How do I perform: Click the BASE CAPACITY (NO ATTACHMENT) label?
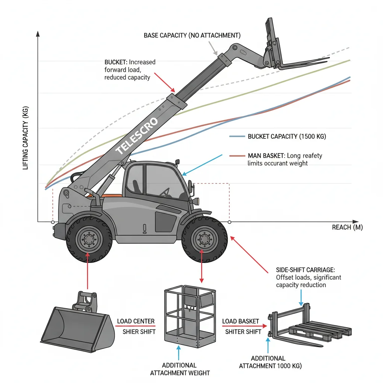(x=192, y=35)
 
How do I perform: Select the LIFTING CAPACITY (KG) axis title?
(x=26, y=138)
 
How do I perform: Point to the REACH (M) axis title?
(x=347, y=227)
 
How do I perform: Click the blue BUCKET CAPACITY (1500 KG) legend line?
(x=237, y=137)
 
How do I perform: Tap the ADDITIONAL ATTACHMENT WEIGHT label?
(x=180, y=369)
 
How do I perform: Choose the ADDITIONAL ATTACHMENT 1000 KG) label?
(x=270, y=362)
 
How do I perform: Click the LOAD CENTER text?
(x=136, y=321)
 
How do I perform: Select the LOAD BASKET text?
(x=240, y=321)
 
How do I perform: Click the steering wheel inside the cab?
(x=165, y=192)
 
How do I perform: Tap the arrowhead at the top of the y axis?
(x=37, y=34)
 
